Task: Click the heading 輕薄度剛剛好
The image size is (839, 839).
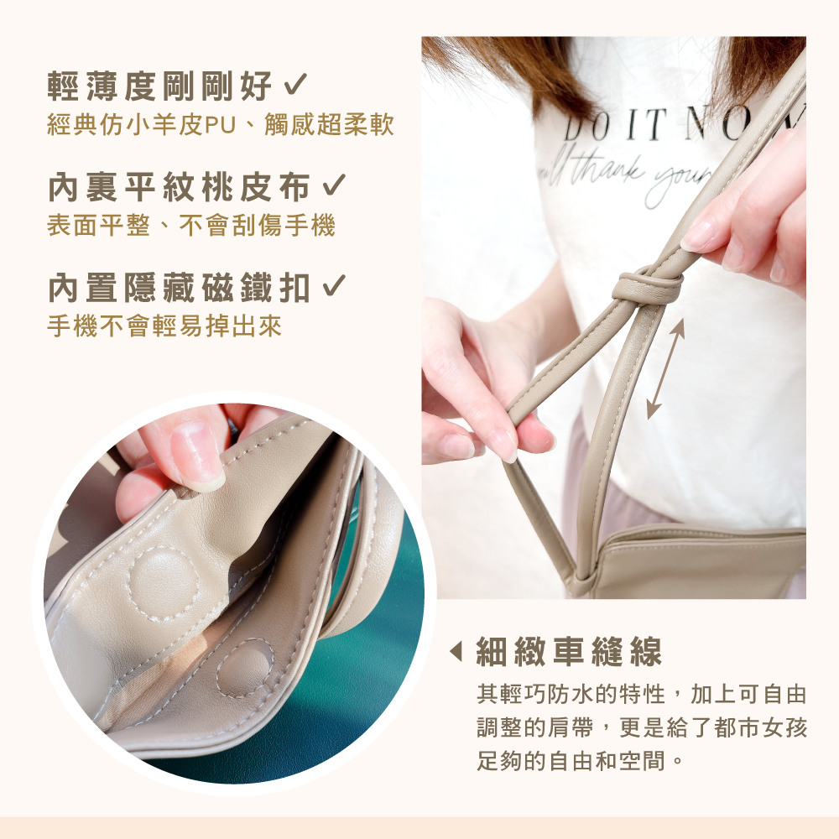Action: [x=159, y=86]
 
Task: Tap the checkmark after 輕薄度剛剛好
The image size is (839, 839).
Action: [x=294, y=85]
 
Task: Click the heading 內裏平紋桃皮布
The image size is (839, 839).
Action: [x=180, y=187]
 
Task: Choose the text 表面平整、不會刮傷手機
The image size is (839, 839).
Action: [x=191, y=225]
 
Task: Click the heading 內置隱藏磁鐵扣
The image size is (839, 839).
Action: [x=180, y=288]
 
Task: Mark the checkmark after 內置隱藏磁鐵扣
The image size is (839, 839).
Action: [x=334, y=286]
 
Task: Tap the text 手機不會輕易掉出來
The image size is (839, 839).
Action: [x=164, y=326]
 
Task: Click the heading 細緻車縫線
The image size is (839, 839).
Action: [x=569, y=652]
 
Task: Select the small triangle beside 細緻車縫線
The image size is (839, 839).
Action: [x=456, y=651]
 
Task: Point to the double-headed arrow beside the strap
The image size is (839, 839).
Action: [x=665, y=369]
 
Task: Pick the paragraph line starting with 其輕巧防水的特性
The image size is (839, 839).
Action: [x=642, y=695]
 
